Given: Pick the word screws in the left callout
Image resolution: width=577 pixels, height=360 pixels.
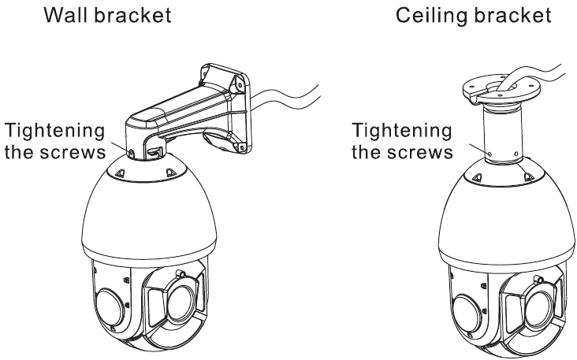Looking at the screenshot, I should tap(78, 151).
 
